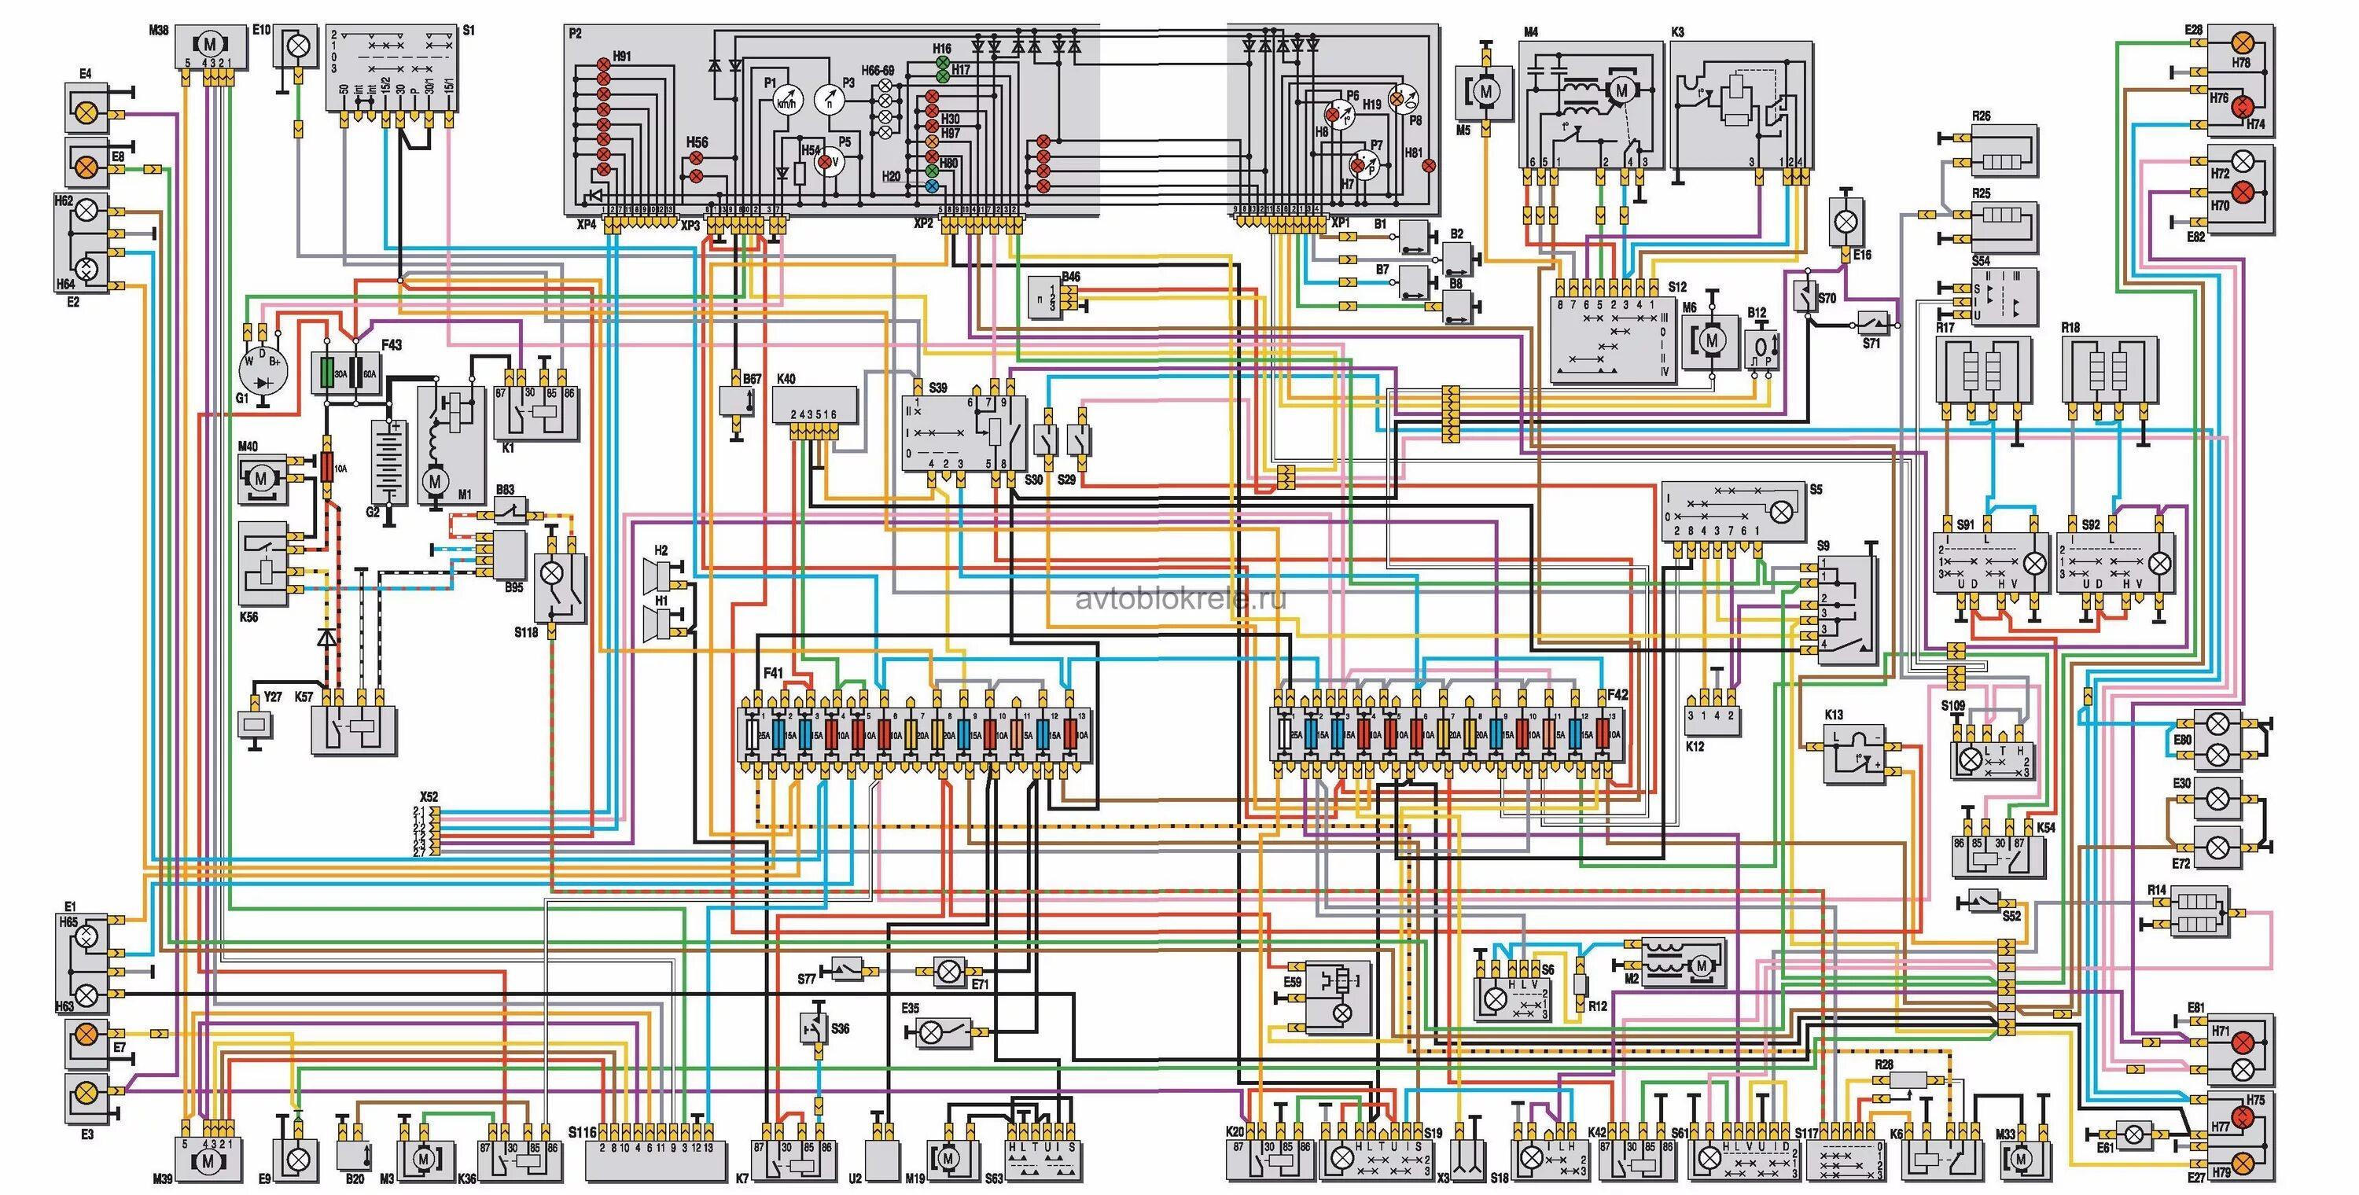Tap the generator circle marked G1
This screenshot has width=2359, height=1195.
point(263,368)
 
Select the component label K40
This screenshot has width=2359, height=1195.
point(786,378)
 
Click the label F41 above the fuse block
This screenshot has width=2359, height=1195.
point(773,673)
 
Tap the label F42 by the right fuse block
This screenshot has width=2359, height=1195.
point(1617,695)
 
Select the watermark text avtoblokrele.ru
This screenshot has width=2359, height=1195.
point(1180,599)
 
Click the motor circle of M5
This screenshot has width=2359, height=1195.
point(1485,90)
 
